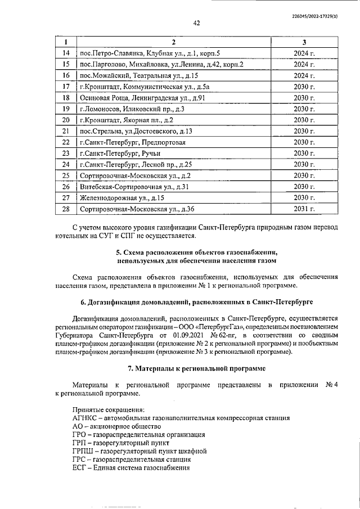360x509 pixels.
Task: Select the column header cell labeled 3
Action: pos(304,42)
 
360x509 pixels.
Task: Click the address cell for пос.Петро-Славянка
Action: pos(150,53)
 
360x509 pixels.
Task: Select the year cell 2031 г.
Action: pos(304,209)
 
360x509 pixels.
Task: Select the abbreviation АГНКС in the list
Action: pos(85,418)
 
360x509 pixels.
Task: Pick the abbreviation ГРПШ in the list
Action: pos(83,451)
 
